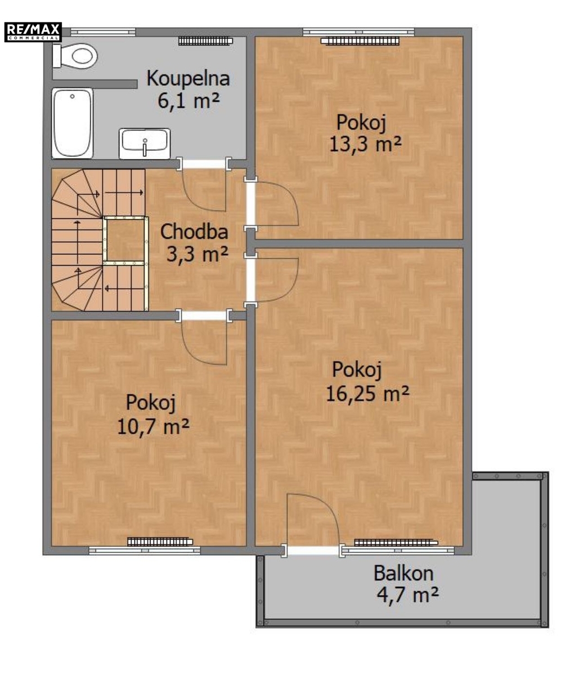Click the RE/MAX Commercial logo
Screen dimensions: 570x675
point(33,32)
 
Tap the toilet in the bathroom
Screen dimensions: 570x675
point(75,56)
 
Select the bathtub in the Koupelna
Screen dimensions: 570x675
point(73,124)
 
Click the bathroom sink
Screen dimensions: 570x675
point(145,144)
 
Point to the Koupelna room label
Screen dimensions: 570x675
point(188,79)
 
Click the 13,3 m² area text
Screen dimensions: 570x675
point(365,144)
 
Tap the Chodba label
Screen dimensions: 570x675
point(194,232)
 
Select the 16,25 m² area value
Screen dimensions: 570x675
point(367,393)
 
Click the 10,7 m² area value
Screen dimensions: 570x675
point(153,427)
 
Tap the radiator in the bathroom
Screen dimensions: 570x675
point(206,40)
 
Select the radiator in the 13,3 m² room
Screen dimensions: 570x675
point(360,41)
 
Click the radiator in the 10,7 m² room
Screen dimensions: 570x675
point(160,542)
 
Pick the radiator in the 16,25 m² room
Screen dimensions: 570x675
point(396,542)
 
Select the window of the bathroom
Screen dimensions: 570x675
point(103,31)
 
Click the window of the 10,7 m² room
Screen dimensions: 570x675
point(145,551)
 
